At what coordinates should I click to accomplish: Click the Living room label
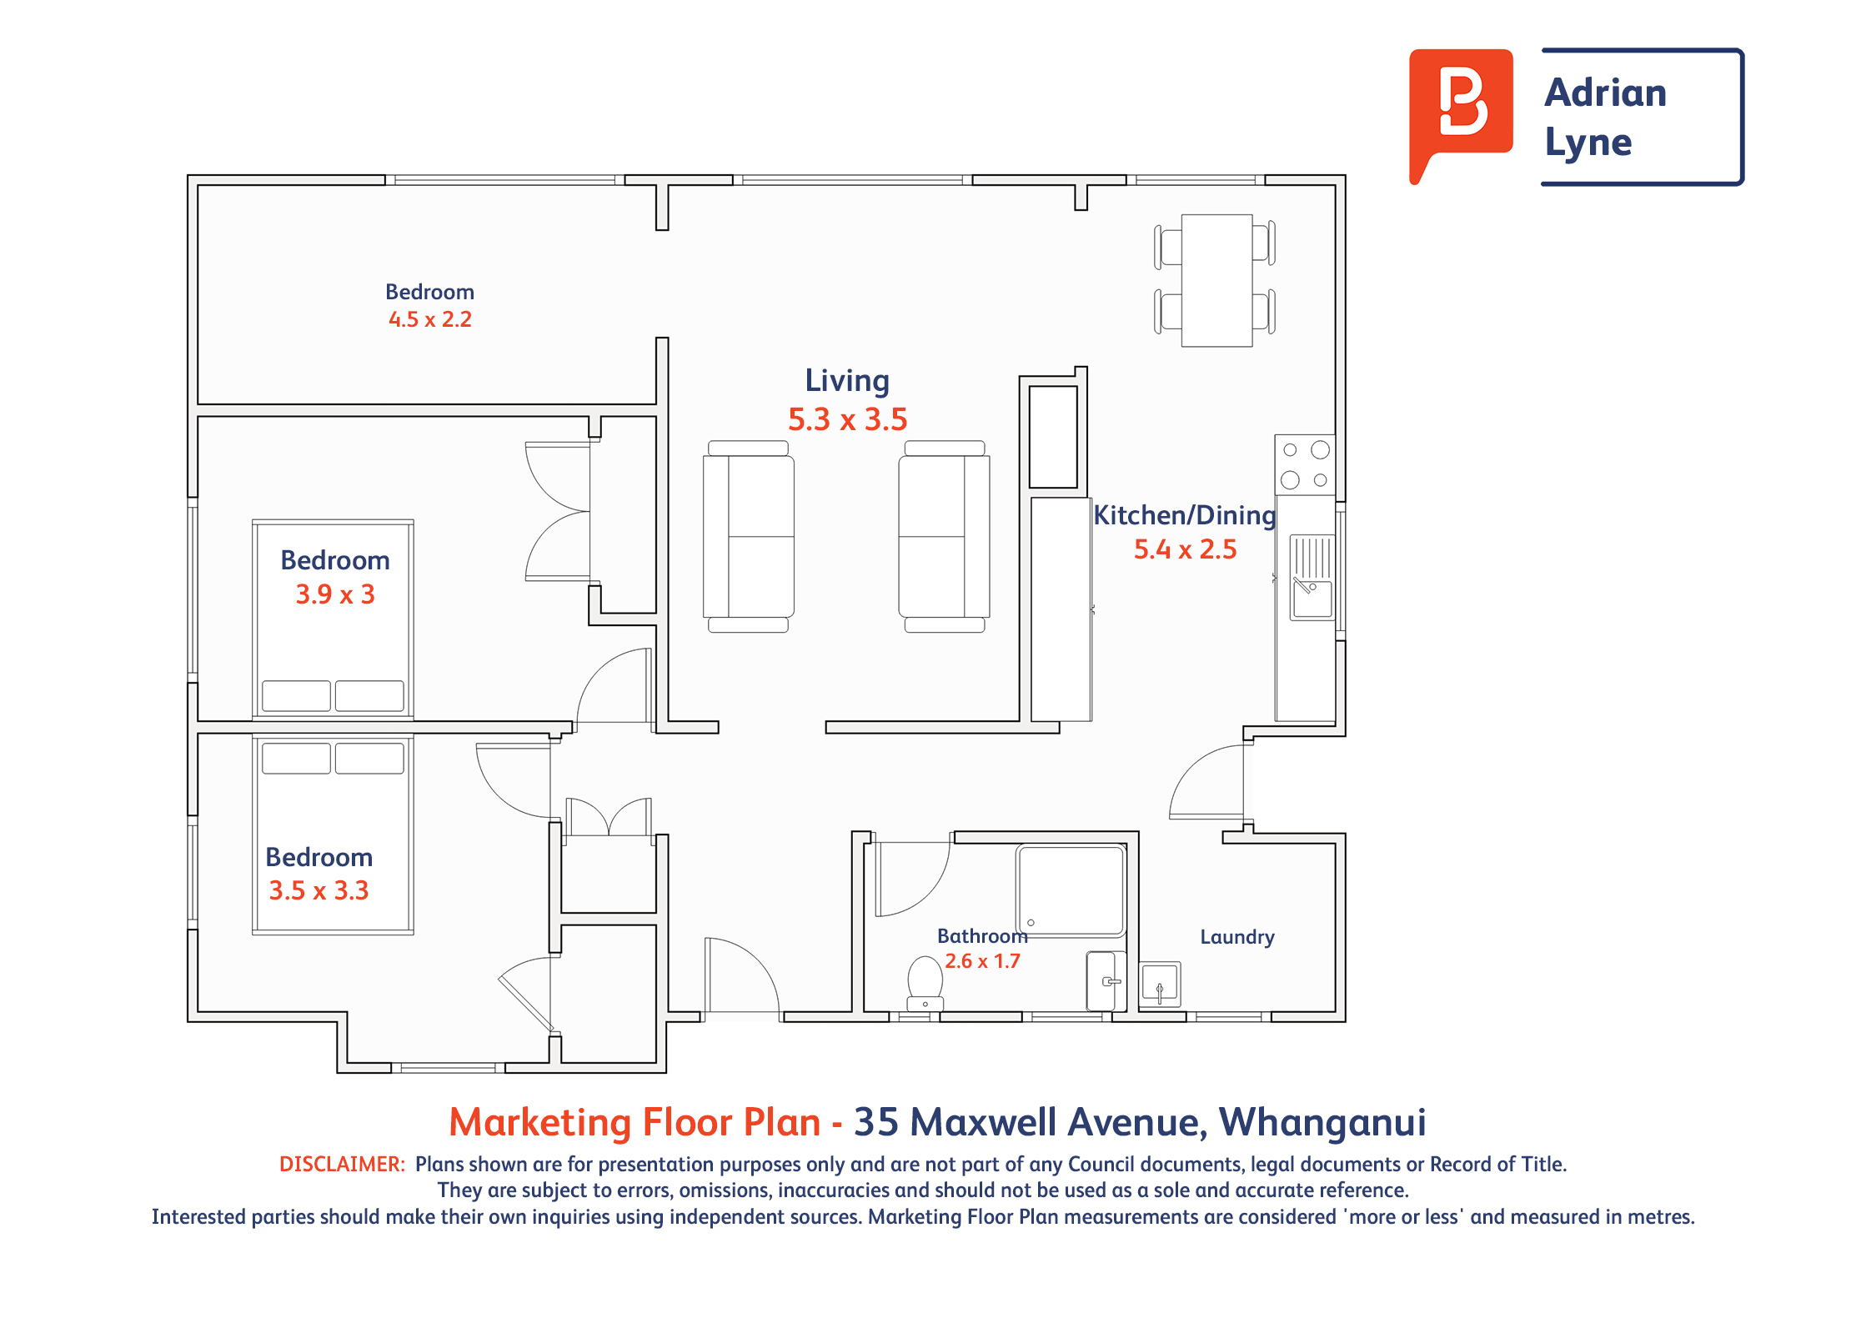pyautogui.click(x=847, y=381)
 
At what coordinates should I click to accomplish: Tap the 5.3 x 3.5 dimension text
pyautogui.click(x=847, y=419)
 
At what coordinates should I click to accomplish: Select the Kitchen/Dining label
pyautogui.click(x=1185, y=515)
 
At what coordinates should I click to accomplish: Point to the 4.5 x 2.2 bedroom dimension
pyautogui.click(x=430, y=319)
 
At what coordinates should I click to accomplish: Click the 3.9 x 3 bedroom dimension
pyautogui.click(x=335, y=594)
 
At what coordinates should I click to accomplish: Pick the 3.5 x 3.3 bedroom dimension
pyautogui.click(x=319, y=890)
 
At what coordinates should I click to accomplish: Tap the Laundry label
pyautogui.click(x=1237, y=937)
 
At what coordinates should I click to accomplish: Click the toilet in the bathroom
pyautogui.click(x=925, y=984)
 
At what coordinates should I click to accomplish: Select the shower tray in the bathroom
pyautogui.click(x=1071, y=890)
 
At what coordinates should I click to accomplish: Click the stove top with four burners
pyautogui.click(x=1305, y=464)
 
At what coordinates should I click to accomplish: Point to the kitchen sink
pyautogui.click(x=1312, y=577)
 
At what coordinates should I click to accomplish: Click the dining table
pyautogui.click(x=1216, y=280)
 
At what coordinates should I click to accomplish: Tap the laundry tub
pyautogui.click(x=1160, y=984)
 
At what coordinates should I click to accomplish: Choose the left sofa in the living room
pyautogui.click(x=748, y=536)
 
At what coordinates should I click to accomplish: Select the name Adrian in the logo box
pyautogui.click(x=1606, y=93)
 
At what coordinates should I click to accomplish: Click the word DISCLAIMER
pyautogui.click(x=342, y=1164)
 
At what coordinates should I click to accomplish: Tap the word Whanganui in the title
pyautogui.click(x=1322, y=1122)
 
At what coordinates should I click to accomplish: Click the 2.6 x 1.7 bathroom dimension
pyautogui.click(x=982, y=961)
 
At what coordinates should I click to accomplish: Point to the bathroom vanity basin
pyautogui.click(x=1106, y=981)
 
